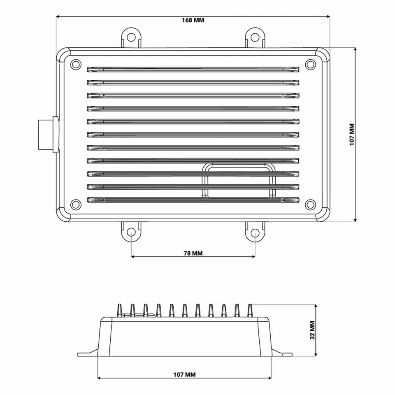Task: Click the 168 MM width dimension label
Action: click(x=193, y=20)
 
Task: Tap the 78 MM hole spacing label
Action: click(x=193, y=253)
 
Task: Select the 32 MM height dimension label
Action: click(x=312, y=330)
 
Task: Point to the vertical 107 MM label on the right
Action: click(x=352, y=134)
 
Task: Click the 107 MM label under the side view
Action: click(x=184, y=374)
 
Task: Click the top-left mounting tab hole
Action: click(x=131, y=37)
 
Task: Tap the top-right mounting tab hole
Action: click(x=255, y=37)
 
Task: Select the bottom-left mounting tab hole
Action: click(x=131, y=232)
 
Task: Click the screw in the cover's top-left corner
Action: click(x=76, y=65)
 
